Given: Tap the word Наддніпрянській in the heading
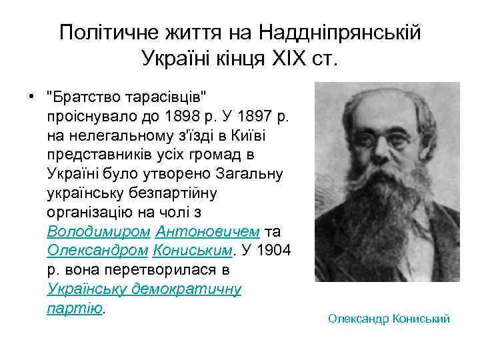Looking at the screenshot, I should [x=339, y=32].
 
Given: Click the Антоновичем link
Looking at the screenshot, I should [x=207, y=232].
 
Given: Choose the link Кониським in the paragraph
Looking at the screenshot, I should [x=193, y=249].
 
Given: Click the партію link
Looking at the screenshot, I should [x=75, y=308].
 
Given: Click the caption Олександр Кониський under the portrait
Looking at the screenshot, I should [x=389, y=319].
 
